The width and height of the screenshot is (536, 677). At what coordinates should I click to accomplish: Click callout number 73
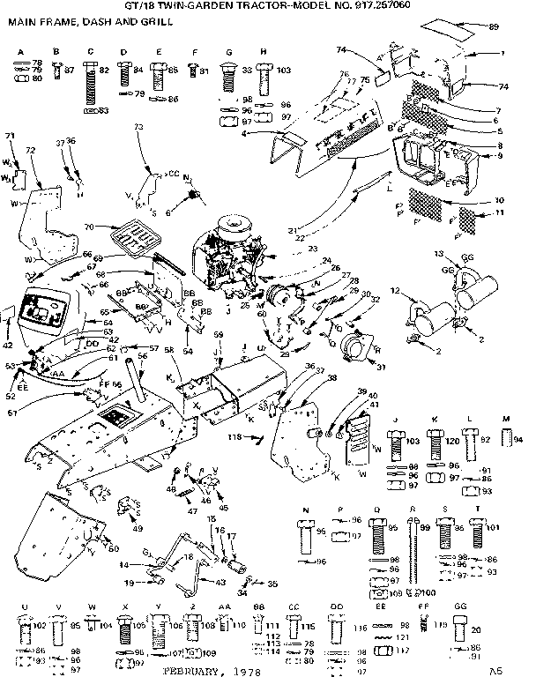(x=138, y=128)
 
